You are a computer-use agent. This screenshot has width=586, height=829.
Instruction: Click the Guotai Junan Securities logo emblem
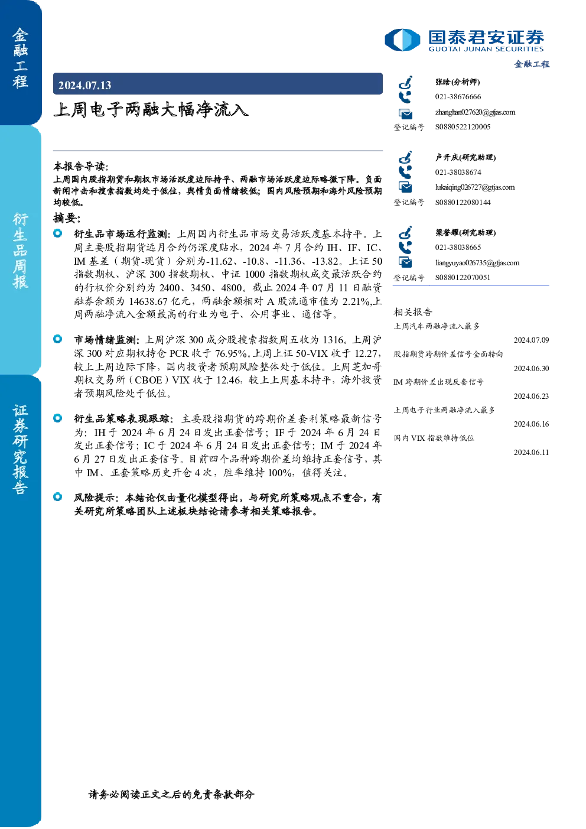coord(402,40)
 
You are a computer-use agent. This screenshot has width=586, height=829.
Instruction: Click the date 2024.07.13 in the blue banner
coord(84,86)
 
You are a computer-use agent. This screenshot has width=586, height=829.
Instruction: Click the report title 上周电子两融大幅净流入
coord(151,110)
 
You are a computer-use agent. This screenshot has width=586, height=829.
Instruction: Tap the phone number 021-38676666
coord(458,96)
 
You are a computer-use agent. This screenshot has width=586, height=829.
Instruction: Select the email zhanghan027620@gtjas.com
coord(475,112)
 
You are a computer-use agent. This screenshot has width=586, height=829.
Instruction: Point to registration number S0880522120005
coord(463,127)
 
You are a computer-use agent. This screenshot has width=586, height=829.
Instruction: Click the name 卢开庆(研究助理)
coord(465,157)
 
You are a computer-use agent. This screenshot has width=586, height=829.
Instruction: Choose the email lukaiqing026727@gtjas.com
coord(474,187)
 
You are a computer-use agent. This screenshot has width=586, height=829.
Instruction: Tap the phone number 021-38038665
coord(458,247)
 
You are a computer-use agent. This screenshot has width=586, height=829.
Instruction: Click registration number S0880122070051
coord(463,278)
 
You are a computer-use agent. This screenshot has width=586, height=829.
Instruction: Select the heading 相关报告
coord(412,312)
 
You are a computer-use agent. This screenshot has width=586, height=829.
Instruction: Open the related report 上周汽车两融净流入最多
coord(437,326)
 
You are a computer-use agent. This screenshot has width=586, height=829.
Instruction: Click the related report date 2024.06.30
coord(531,368)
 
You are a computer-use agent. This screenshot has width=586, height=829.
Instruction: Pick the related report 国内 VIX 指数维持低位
coord(434,438)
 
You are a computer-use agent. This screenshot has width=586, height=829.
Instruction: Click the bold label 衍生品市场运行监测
coord(121,234)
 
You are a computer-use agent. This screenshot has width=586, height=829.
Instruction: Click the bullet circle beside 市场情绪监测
coord(58,339)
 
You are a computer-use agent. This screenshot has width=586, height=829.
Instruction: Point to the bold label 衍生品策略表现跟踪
coord(121,419)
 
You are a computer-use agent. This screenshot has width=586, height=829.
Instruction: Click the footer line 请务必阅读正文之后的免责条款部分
coord(172,794)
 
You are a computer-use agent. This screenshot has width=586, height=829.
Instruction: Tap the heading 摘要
coord(67,218)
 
